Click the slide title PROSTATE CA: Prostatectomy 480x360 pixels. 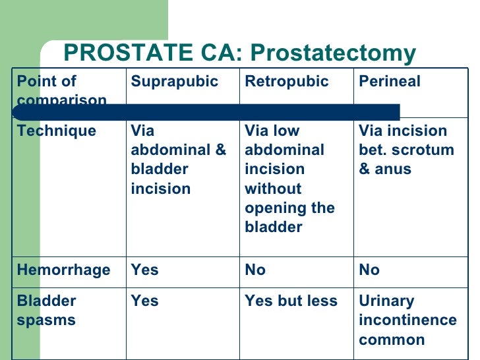[239, 53]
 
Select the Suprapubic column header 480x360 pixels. [174, 82]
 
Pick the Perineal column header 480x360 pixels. [389, 82]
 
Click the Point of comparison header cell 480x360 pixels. [61, 90]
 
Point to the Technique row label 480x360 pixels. [56, 131]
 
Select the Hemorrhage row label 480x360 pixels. [63, 270]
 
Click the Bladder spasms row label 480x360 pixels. [46, 311]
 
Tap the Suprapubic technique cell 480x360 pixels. [178, 160]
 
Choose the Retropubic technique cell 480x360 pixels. [289, 179]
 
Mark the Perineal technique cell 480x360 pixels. [406, 150]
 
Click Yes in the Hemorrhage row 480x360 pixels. [144, 270]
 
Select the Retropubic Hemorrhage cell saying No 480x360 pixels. [255, 270]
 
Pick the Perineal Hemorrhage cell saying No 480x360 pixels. [369, 270]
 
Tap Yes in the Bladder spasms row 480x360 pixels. [144, 301]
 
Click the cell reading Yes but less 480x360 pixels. [291, 301]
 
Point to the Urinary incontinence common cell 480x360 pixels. [407, 320]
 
